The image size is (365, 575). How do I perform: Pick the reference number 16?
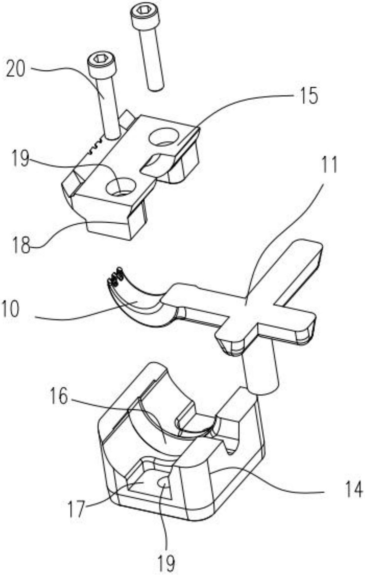coord(59,397)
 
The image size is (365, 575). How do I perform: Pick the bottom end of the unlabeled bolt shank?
coord(155,86)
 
